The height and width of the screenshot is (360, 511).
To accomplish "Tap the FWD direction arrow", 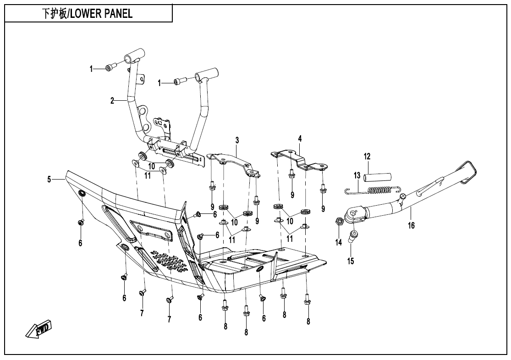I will (39, 330).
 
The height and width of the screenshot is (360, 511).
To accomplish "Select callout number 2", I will (112, 100).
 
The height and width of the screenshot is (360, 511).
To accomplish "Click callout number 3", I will (237, 139).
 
